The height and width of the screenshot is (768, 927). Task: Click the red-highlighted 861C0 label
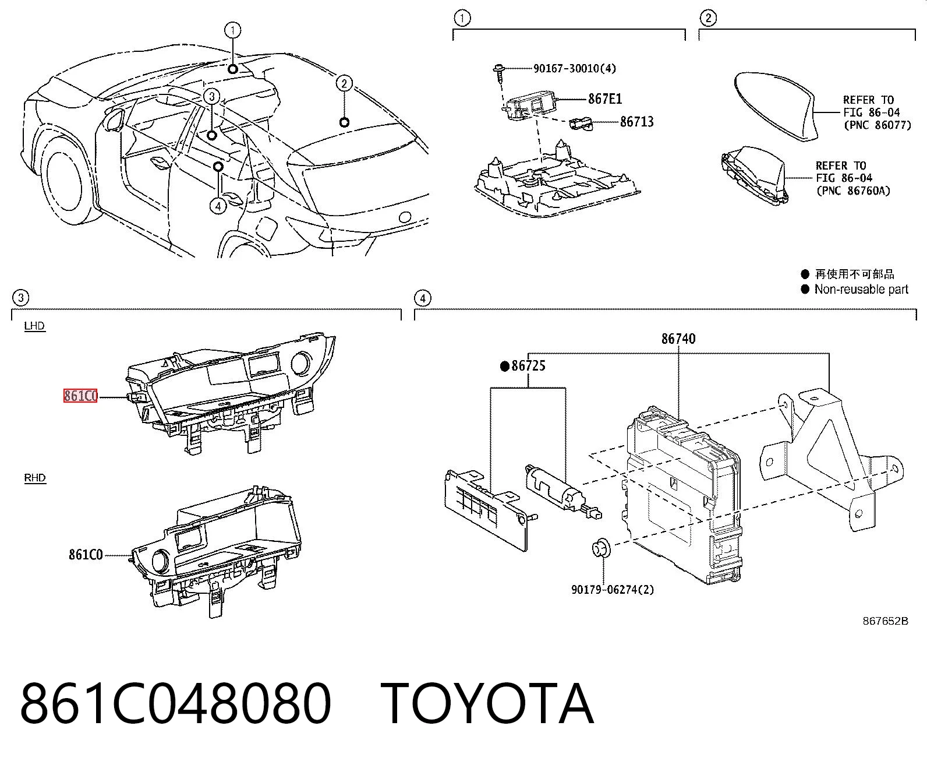coord(80,396)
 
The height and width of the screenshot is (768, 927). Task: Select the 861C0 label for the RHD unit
coord(86,555)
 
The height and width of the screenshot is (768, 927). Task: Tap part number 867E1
coord(605,98)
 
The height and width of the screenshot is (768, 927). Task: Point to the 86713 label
coord(636,121)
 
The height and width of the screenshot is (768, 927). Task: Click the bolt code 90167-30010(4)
coord(575,68)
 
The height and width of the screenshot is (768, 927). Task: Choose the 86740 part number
coord(678,339)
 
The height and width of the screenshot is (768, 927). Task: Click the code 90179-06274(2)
coord(612,589)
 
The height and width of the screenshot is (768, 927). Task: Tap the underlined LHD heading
coord(34,326)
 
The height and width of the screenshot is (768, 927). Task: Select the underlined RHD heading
coord(34,478)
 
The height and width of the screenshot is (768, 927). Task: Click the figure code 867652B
coord(885,621)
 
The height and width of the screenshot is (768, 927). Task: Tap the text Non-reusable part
coord(861,290)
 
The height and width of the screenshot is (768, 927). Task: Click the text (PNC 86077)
coord(878,125)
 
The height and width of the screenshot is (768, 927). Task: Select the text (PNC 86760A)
coord(853,191)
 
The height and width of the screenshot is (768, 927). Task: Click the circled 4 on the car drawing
coord(218,206)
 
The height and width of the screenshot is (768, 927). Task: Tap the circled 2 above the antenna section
coord(707,18)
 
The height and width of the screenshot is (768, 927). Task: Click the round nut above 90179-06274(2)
coord(602,548)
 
